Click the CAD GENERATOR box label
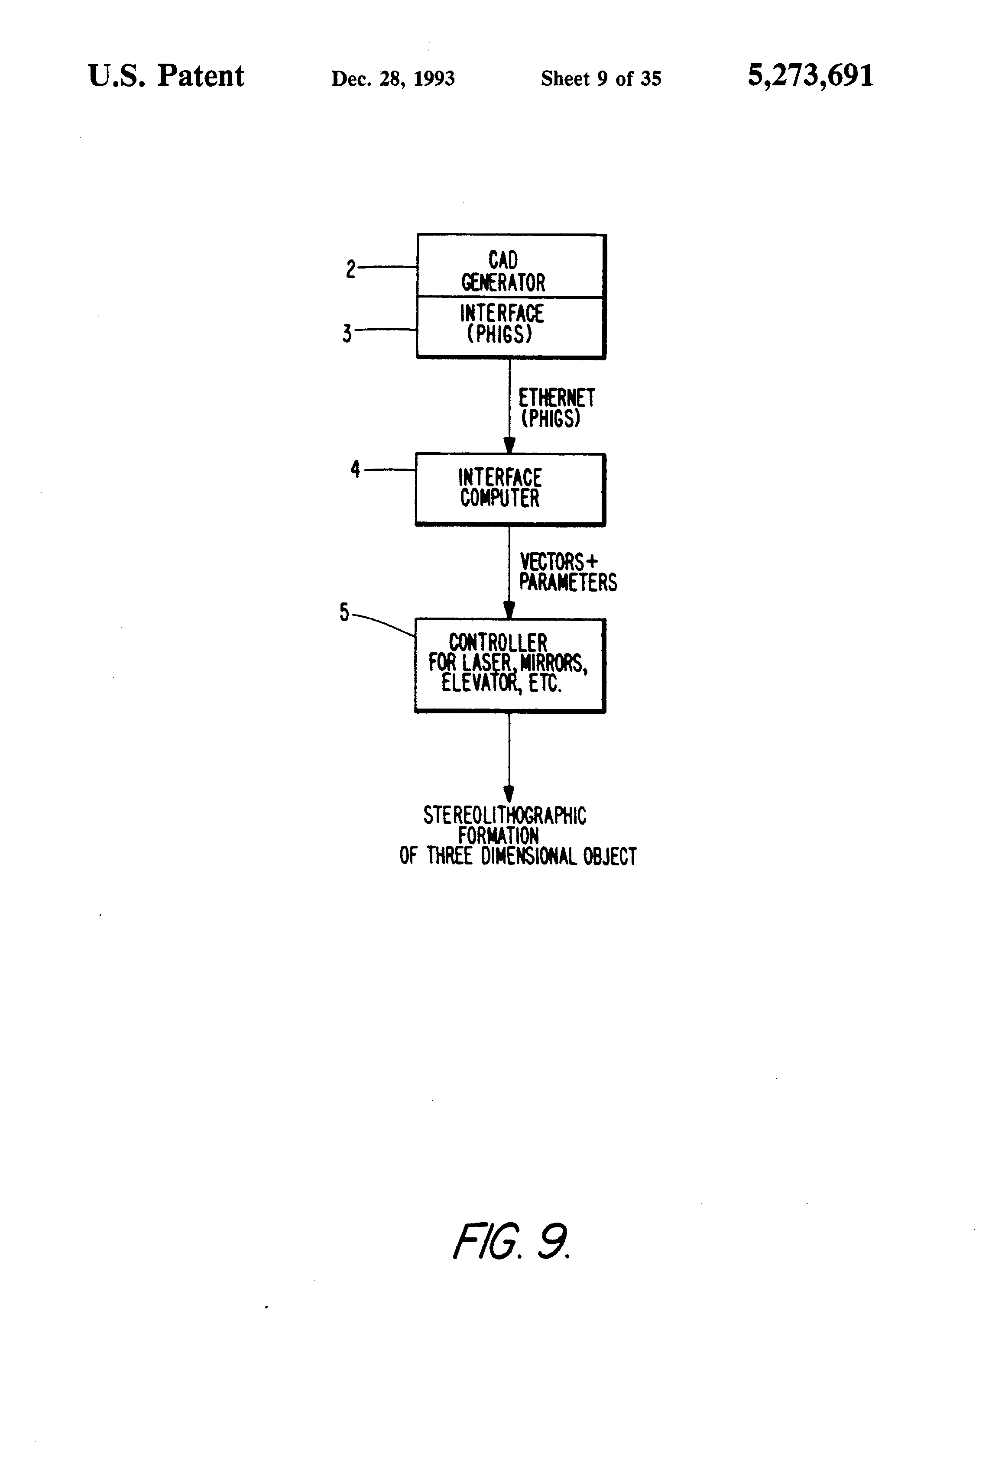(x=503, y=271)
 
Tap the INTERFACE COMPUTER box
(x=510, y=489)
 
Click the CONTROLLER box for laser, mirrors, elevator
(x=510, y=665)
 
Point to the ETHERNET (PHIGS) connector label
(x=557, y=408)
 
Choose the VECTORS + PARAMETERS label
(x=568, y=572)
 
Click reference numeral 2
(x=351, y=269)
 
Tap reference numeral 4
(x=355, y=469)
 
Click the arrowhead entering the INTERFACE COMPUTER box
(x=509, y=445)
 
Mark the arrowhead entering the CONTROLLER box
(x=509, y=610)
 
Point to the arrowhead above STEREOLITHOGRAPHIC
(x=509, y=794)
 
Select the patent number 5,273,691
(x=810, y=76)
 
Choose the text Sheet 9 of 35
(x=601, y=78)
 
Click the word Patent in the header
(x=201, y=76)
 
